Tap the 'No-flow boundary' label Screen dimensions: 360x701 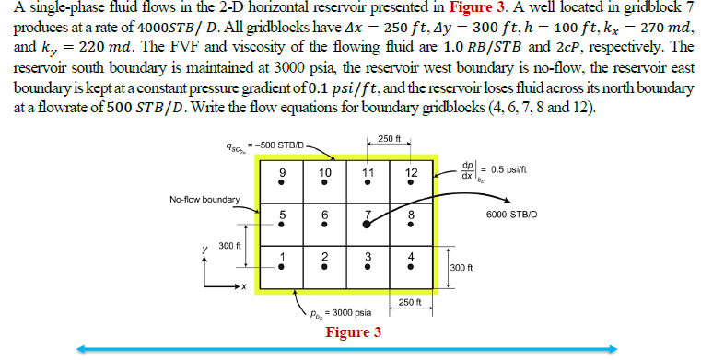[x=204, y=199]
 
